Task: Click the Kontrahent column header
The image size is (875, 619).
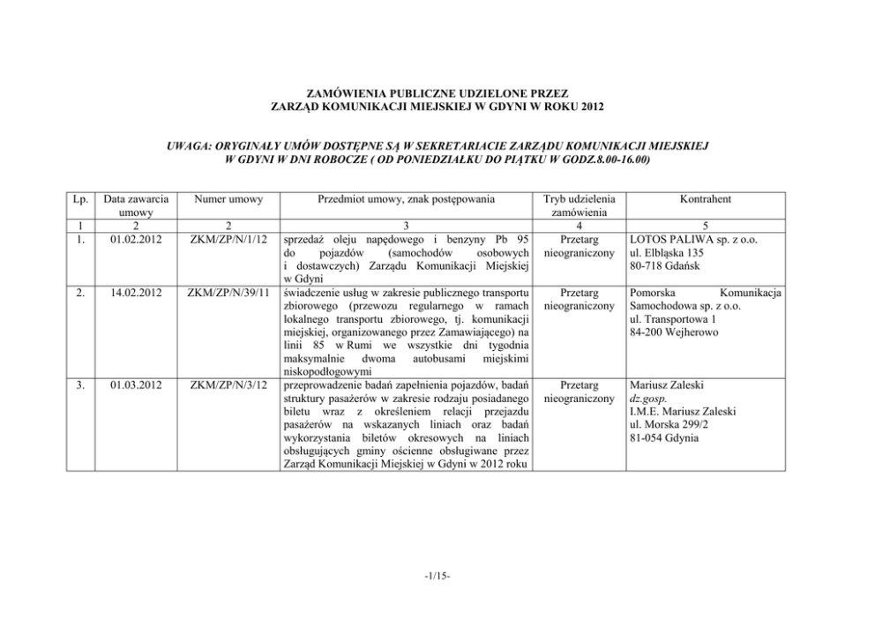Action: coord(705,200)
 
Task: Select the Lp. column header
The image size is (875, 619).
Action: coord(75,200)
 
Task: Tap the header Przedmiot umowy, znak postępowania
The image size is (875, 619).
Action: coord(406,200)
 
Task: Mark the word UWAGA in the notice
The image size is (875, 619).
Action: coord(188,143)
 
